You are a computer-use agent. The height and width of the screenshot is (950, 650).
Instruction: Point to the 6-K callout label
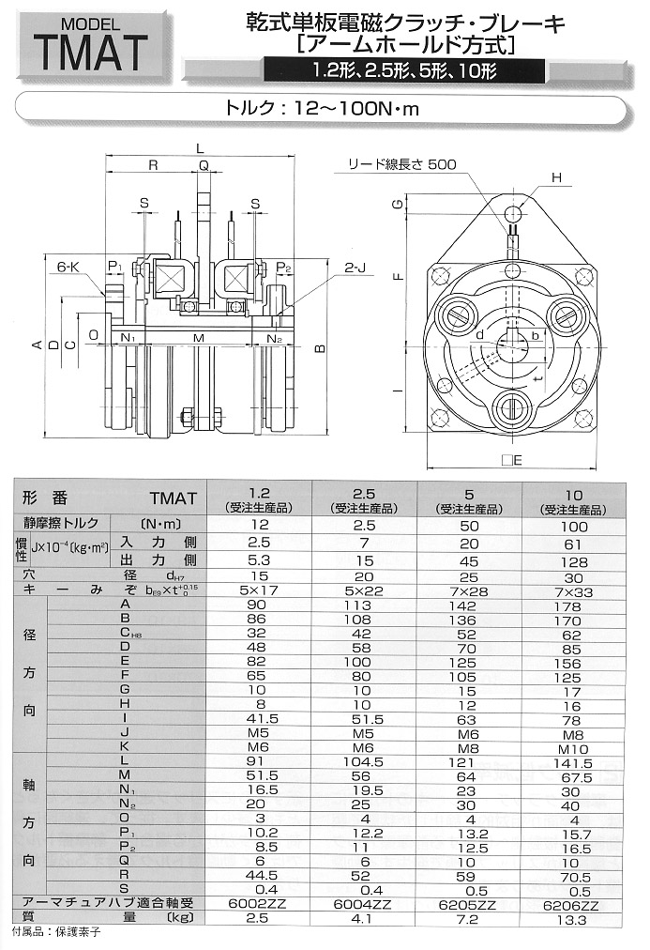(68, 266)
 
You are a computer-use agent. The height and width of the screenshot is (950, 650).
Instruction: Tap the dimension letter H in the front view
(556, 177)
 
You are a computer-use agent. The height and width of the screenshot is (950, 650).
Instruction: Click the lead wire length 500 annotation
(402, 164)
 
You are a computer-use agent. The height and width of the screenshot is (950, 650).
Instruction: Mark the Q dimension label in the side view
(204, 165)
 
